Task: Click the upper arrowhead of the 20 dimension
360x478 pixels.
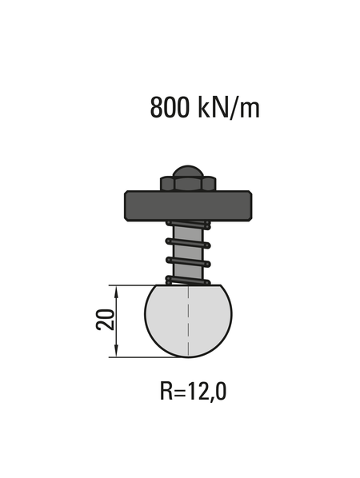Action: coord(118,289)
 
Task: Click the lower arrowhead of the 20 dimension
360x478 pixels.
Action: coord(118,353)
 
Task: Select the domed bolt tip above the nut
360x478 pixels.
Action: coord(188,170)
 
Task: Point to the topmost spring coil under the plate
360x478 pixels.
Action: coord(187,225)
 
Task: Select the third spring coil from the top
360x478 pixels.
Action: coord(187,261)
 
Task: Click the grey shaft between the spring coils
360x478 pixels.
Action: coord(188,252)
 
